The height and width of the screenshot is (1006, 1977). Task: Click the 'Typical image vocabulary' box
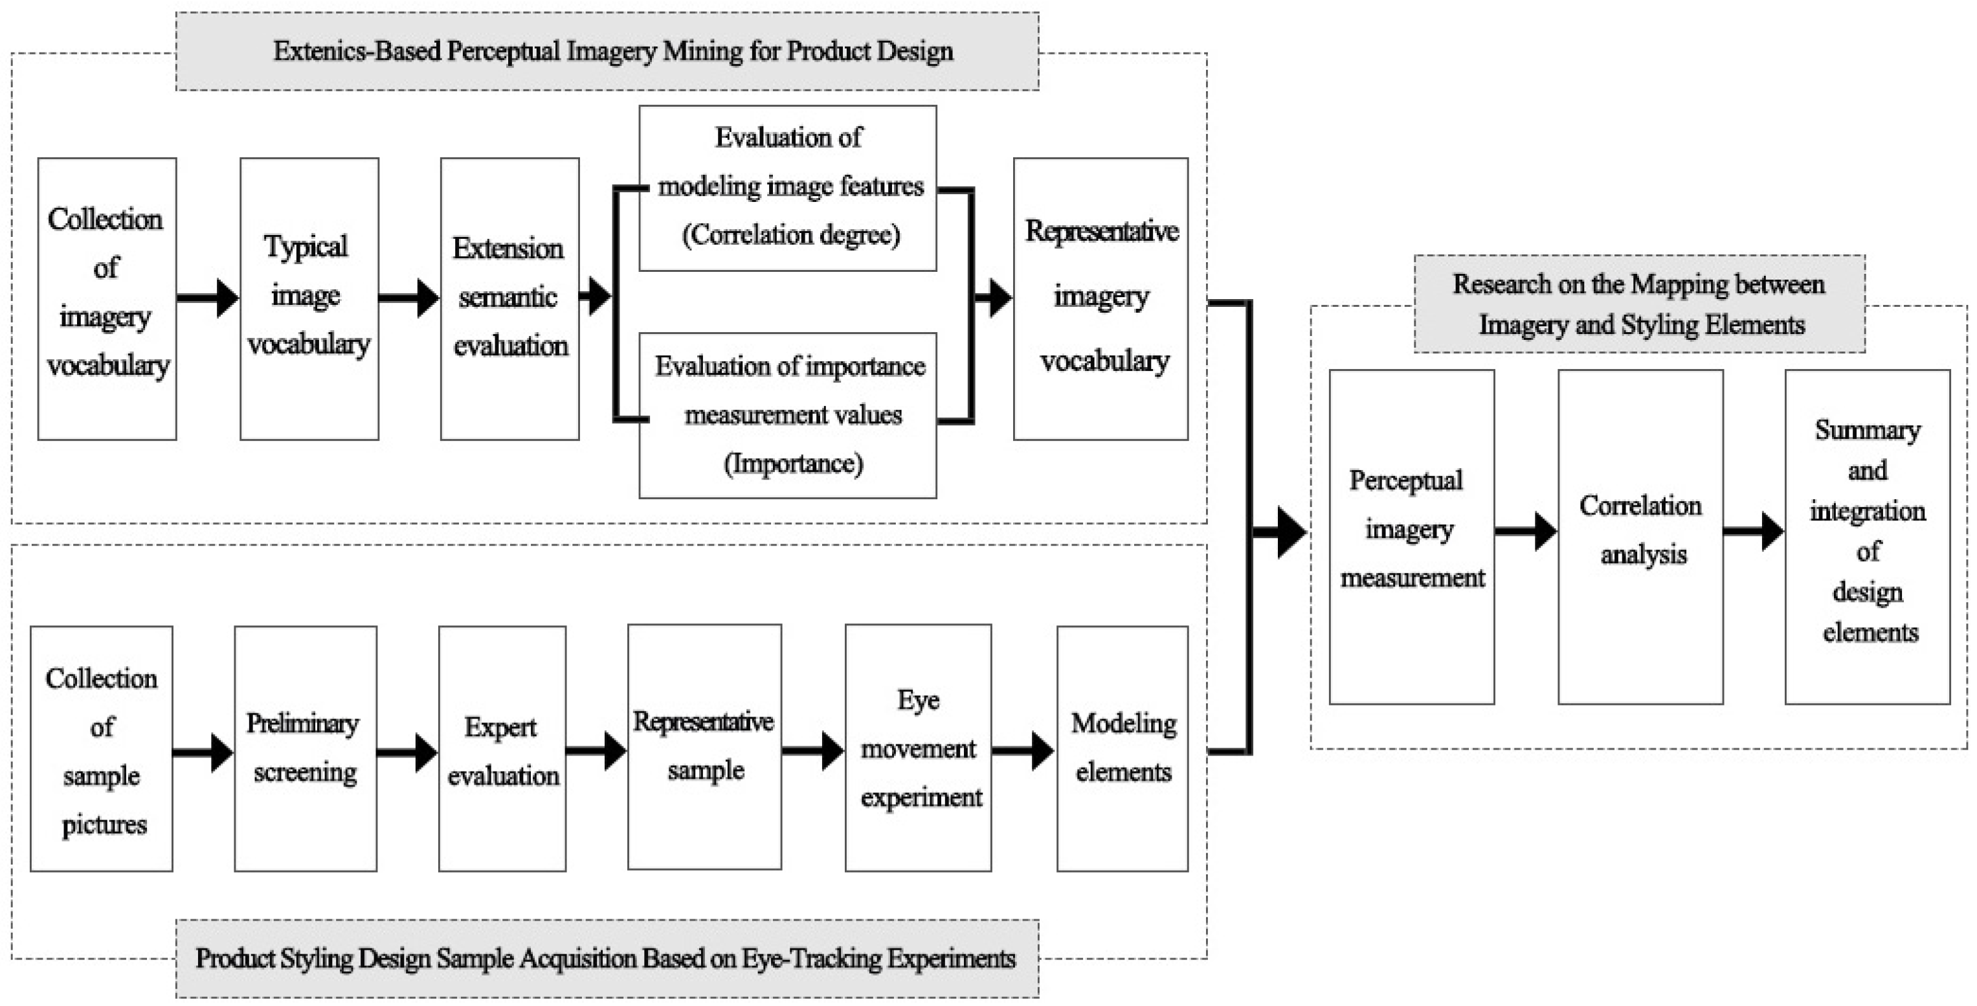309,298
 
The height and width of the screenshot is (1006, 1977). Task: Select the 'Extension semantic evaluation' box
509,298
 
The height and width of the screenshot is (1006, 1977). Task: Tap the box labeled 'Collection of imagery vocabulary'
107,298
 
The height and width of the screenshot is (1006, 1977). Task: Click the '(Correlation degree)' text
790,235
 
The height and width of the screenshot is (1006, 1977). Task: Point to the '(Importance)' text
793,464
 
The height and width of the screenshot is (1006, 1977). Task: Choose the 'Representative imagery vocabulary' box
1100,298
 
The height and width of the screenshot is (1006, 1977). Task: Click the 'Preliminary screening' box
306,748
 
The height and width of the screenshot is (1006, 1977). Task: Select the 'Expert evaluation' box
502,748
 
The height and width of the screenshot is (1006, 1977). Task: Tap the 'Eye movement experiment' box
918,748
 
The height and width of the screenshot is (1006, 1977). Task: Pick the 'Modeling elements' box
1122,748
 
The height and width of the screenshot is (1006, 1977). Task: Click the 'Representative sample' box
704,746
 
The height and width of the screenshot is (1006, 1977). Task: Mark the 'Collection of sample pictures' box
101,748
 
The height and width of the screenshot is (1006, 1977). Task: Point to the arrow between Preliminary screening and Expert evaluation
407,752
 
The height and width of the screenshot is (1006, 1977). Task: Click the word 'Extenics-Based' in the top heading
356,51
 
